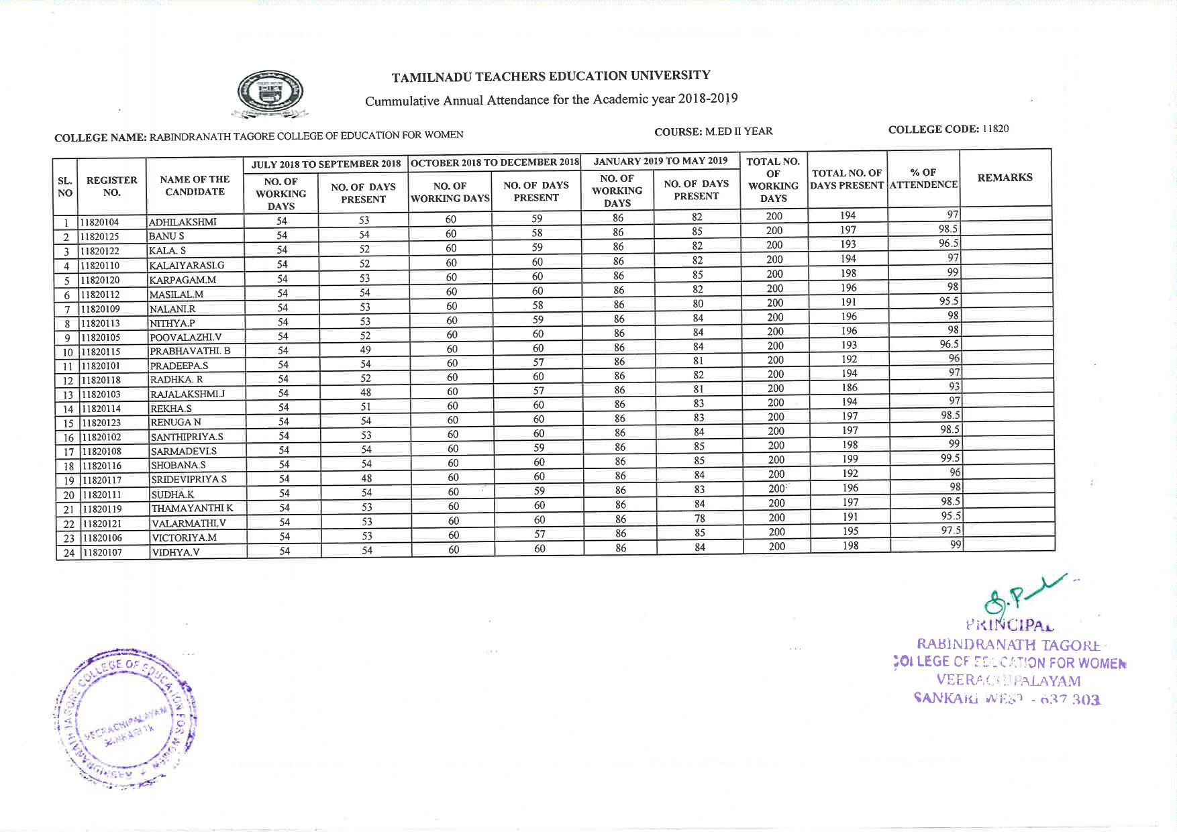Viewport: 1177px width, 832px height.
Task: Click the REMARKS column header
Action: pos(1005,178)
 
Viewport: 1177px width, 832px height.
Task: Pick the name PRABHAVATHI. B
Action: pos(190,351)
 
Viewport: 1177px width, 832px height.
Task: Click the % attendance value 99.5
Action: pos(950,458)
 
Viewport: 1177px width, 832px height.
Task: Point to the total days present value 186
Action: pos(849,387)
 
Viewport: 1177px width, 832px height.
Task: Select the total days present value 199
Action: pos(850,459)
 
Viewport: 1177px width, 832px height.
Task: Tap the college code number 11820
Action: pos(995,129)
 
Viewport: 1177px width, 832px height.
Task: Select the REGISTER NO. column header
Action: pos(112,186)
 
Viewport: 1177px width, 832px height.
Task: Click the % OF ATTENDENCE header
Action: pos(923,178)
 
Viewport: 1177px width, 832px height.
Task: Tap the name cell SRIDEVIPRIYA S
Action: pos(189,480)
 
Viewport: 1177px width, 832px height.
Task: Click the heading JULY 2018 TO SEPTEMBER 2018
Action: pos(326,164)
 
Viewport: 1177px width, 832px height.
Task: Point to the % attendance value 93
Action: pos(954,386)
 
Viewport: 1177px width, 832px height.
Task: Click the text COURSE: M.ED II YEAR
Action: pos(713,132)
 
